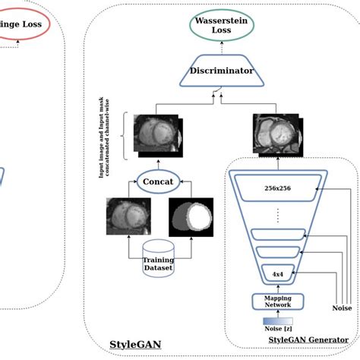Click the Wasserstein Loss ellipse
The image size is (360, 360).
click(x=222, y=26)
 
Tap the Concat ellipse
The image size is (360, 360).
click(x=158, y=182)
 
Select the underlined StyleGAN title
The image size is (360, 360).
click(x=134, y=344)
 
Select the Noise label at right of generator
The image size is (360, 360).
click(x=342, y=308)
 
